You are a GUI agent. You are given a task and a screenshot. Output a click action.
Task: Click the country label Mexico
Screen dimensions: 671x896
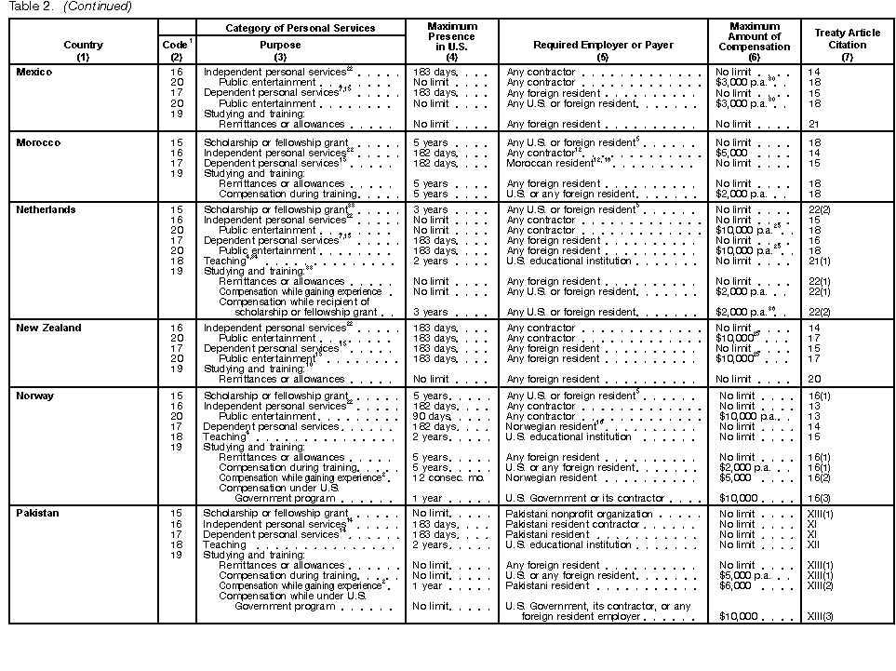[34, 73]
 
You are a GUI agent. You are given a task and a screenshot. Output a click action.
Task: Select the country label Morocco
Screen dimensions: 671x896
[38, 142]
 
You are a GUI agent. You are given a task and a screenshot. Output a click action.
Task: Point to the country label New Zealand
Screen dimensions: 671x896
[48, 328]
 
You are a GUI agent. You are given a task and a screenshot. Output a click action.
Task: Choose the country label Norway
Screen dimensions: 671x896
[35, 396]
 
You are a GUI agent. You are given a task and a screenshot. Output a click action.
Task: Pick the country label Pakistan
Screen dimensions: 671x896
[39, 514]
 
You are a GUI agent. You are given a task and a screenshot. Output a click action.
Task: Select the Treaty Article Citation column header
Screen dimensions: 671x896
[847, 39]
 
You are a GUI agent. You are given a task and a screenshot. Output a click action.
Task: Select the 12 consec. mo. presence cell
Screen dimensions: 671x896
[446, 477]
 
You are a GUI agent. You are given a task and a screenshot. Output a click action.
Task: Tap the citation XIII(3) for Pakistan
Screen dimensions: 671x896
[821, 616]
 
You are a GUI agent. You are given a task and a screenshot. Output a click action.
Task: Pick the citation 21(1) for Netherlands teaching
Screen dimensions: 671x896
[819, 262]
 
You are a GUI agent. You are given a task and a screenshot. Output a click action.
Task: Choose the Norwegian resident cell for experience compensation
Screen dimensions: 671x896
[551, 477]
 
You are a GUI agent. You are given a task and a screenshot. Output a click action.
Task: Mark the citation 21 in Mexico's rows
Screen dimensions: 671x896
[813, 124]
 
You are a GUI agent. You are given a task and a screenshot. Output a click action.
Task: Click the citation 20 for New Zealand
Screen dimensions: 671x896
[813, 379]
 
